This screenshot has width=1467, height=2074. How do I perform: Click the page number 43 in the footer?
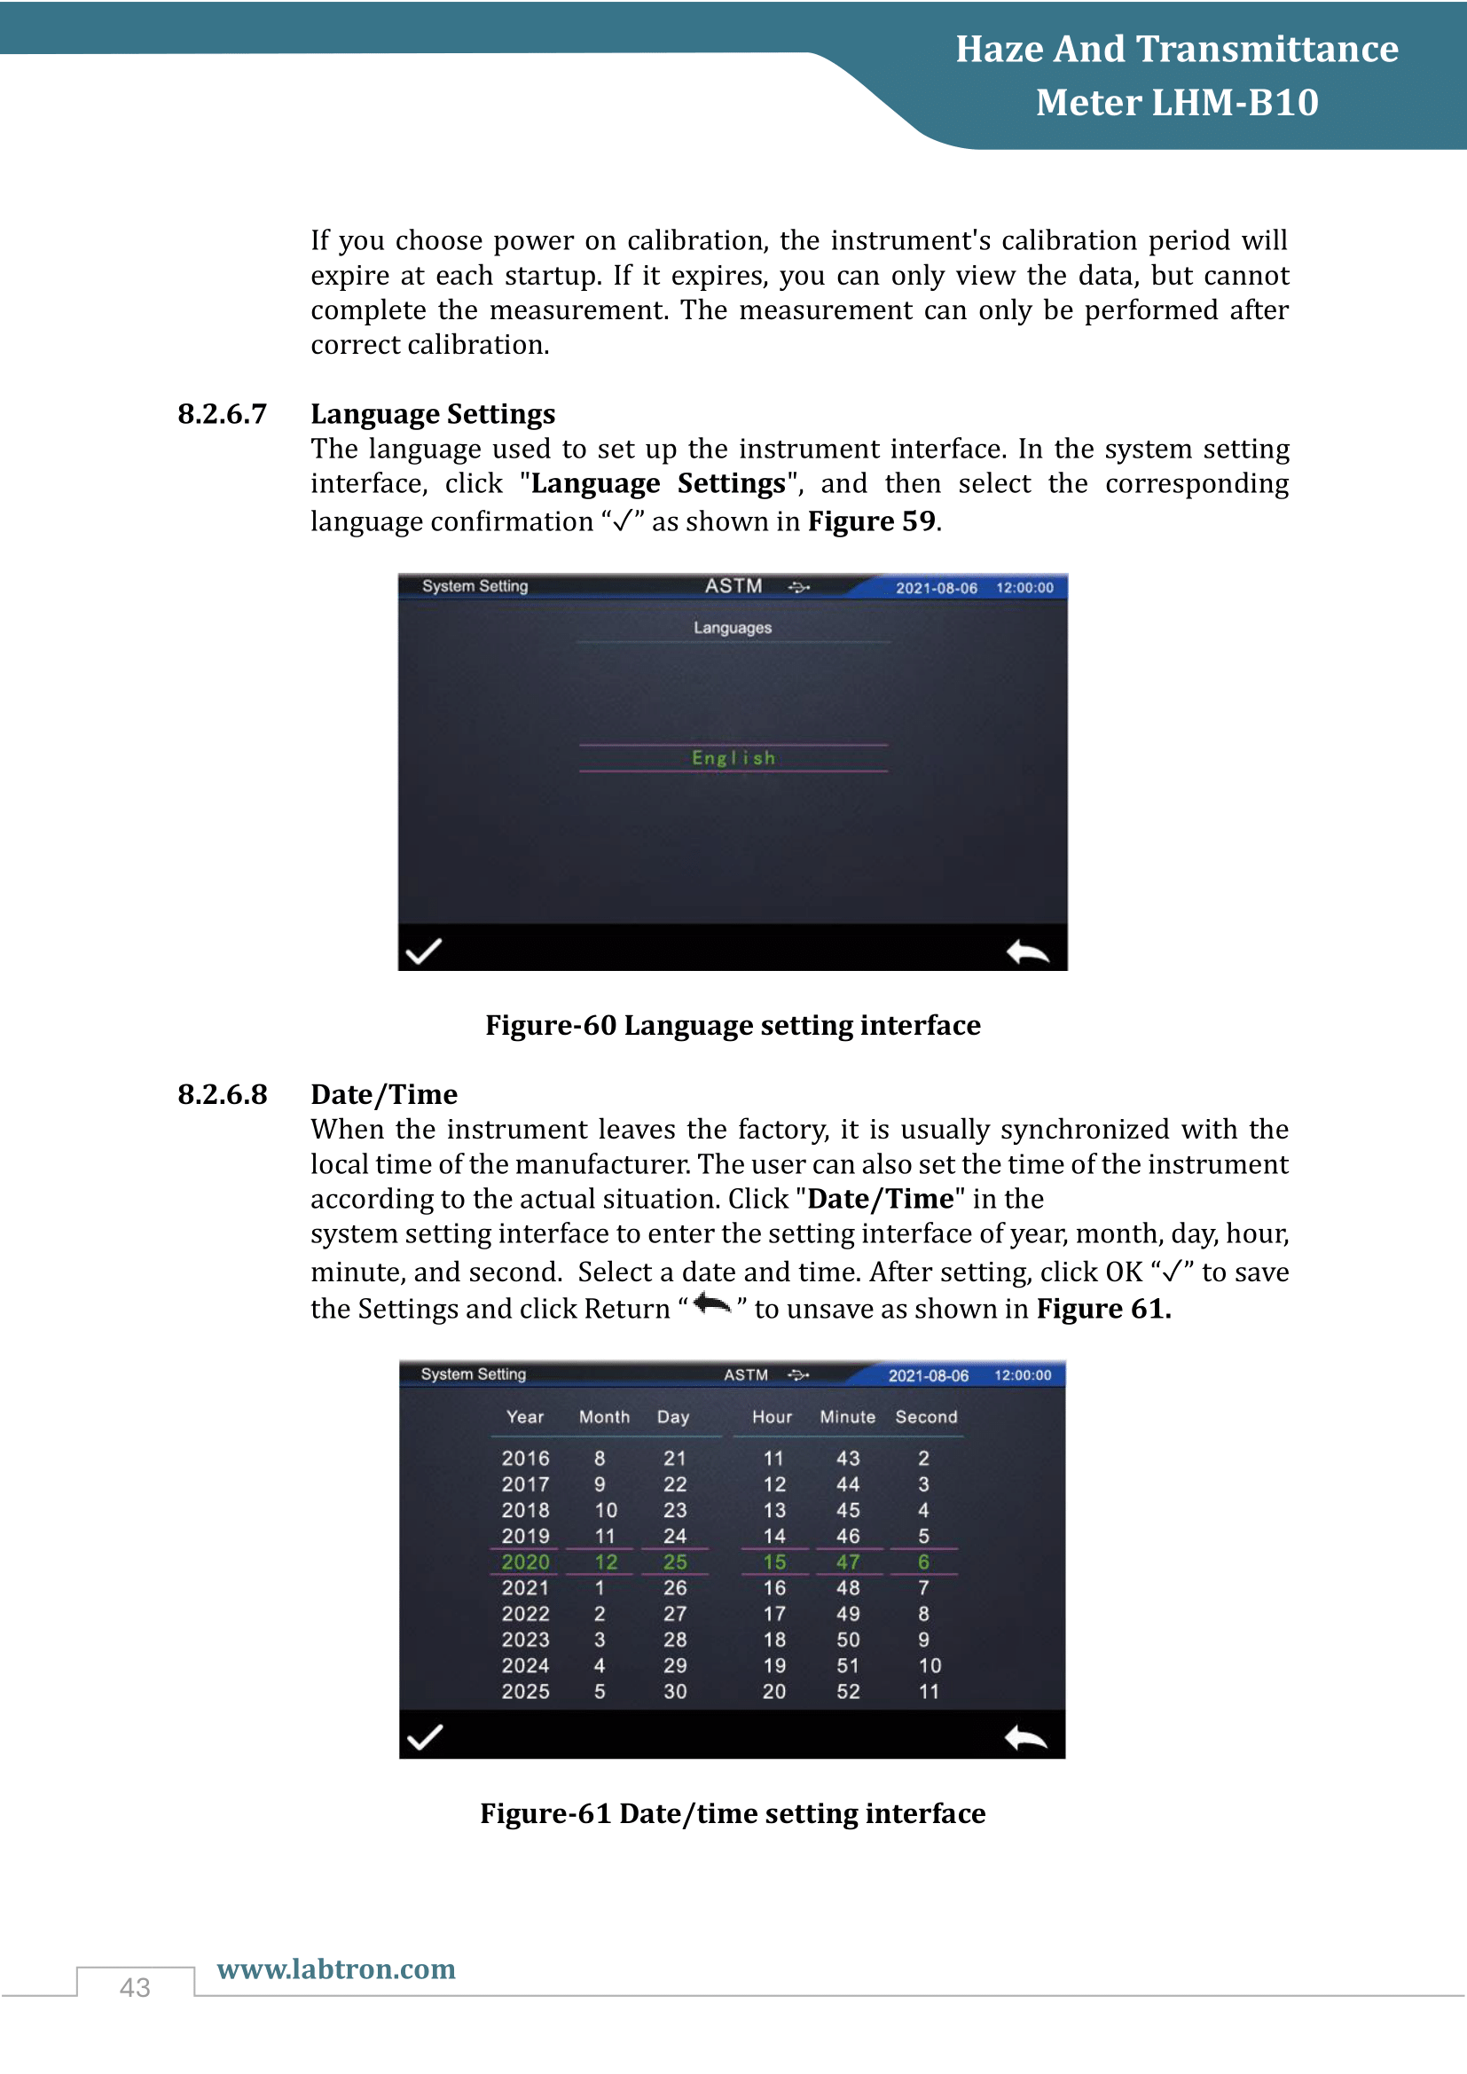click(x=135, y=1987)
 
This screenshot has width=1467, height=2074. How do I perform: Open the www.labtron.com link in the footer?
click(x=336, y=1968)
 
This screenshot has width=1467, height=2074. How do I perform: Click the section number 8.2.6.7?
click(x=223, y=414)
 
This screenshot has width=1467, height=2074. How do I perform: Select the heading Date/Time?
click(x=384, y=1095)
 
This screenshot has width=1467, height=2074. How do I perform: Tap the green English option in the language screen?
click(x=733, y=758)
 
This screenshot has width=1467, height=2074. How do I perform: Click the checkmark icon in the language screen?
click(x=424, y=951)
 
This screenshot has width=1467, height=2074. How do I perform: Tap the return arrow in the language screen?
click(x=1028, y=951)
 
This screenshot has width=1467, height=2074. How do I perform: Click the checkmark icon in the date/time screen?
click(x=425, y=1737)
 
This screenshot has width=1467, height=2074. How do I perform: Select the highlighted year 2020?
click(x=526, y=1561)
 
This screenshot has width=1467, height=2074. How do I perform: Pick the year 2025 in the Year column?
click(x=526, y=1691)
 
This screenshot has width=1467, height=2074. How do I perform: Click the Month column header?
click(x=604, y=1416)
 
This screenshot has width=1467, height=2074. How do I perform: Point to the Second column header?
click(x=926, y=1416)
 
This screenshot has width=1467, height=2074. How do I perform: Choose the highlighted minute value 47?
click(x=848, y=1561)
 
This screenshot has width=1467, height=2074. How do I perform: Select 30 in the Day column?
click(x=675, y=1691)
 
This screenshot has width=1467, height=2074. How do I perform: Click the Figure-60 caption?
click(x=733, y=1025)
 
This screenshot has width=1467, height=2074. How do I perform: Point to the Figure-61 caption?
click(x=733, y=1813)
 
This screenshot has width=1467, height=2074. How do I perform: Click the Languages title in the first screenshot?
click(x=733, y=628)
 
